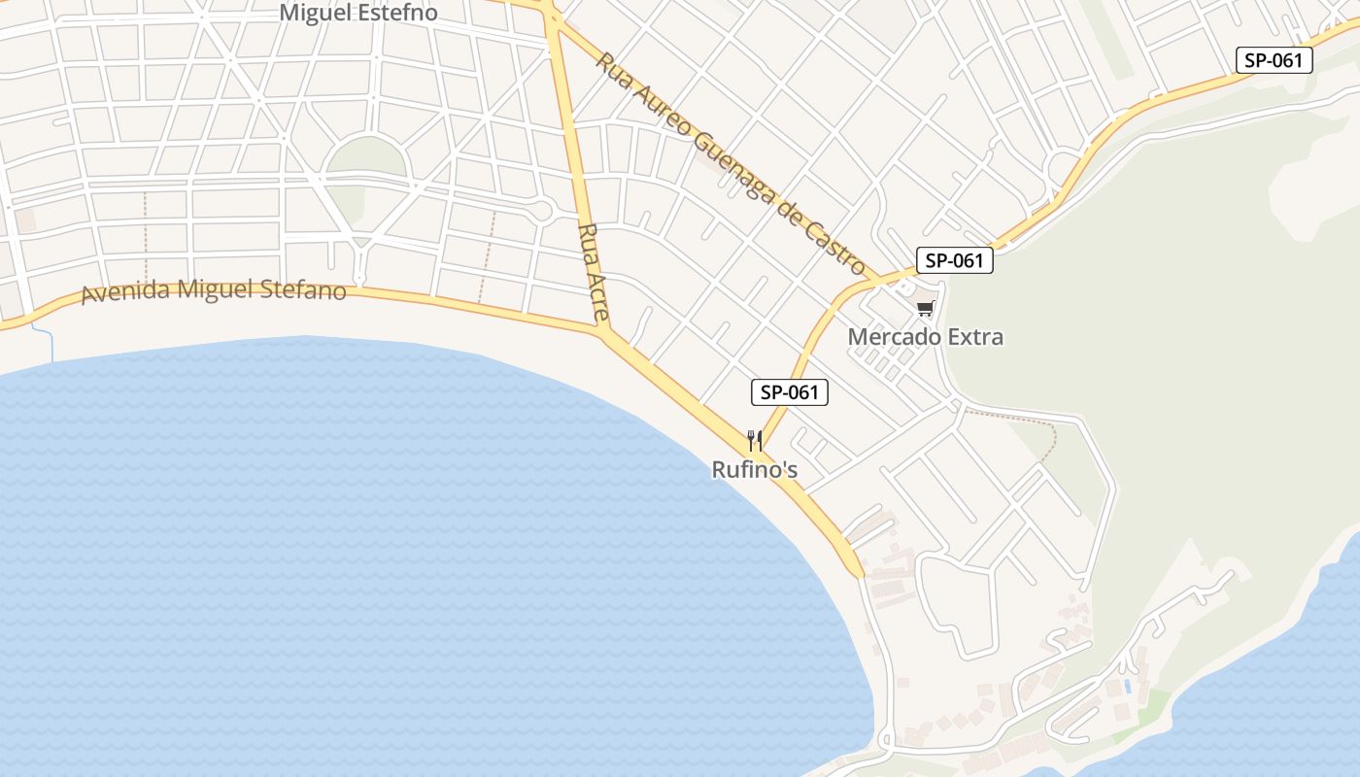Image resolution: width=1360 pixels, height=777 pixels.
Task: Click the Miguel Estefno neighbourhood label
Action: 358,13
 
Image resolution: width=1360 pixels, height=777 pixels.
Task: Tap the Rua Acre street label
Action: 593,273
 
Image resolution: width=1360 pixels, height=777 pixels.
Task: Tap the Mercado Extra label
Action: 925,337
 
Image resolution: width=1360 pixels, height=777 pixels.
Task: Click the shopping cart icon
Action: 925,309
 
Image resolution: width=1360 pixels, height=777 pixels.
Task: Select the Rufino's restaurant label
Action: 754,470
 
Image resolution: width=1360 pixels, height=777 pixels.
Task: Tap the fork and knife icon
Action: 754,441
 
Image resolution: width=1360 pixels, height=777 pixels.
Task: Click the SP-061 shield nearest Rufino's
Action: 789,392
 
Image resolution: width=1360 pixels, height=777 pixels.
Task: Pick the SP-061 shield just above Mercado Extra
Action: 954,260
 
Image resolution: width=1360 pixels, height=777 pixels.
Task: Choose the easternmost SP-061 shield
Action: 1273,60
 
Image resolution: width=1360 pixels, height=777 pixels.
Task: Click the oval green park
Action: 366,157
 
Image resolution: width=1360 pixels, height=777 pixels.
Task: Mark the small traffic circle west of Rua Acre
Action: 541,210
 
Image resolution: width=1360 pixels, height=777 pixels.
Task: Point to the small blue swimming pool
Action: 1127,686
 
